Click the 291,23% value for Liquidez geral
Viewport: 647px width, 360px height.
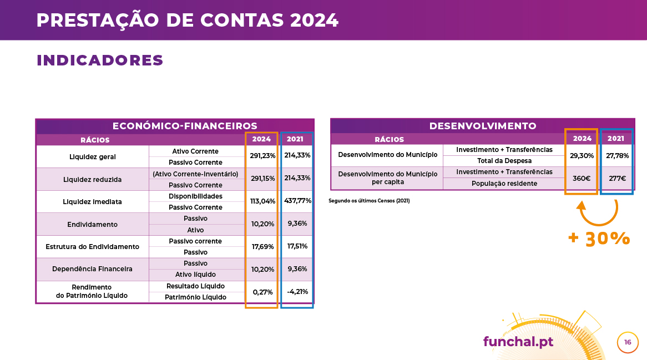click(x=262, y=156)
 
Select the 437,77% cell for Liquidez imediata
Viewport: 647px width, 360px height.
click(x=297, y=201)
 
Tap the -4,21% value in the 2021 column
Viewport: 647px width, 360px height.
click(x=297, y=292)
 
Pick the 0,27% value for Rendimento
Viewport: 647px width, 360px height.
click(x=262, y=292)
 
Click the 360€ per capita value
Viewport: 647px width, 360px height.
click(x=582, y=179)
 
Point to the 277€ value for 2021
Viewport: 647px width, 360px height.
click(x=617, y=179)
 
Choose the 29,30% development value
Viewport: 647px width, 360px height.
click(x=582, y=156)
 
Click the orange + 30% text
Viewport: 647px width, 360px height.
click(x=599, y=239)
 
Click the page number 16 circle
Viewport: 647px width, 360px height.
click(x=628, y=342)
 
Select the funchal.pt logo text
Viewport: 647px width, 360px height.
click(x=518, y=342)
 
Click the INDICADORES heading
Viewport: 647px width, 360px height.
click(x=100, y=60)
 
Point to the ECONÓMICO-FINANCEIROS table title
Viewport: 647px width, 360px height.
click(x=185, y=126)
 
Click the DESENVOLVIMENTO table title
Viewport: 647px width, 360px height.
click(x=483, y=126)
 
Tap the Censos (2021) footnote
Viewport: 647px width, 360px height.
click(x=369, y=201)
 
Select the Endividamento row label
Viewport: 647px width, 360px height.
click(x=93, y=224)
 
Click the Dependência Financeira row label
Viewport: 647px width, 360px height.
click(x=93, y=269)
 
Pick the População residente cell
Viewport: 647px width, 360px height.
click(x=504, y=184)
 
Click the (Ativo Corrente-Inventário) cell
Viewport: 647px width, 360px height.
click(x=195, y=174)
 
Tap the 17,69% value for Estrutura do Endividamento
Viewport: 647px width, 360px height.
click(x=263, y=247)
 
